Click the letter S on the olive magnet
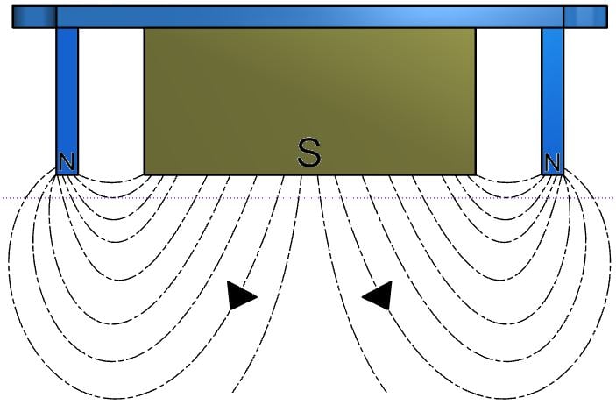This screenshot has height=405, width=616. pyautogui.click(x=309, y=153)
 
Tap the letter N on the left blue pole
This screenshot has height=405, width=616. pyautogui.click(x=67, y=161)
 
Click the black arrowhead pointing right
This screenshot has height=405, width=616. pyautogui.click(x=241, y=295)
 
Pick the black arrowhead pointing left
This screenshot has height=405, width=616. pyautogui.click(x=378, y=295)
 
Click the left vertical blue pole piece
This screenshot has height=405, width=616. pyautogui.click(x=67, y=101)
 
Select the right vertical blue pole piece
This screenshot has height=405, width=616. pyautogui.click(x=552, y=101)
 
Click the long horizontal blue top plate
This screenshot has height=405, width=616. pyautogui.click(x=309, y=17)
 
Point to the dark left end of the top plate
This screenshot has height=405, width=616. pyautogui.click(x=34, y=17)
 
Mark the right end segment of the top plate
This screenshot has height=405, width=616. pyautogui.click(x=585, y=17)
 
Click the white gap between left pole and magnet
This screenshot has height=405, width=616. pyautogui.click(x=111, y=101)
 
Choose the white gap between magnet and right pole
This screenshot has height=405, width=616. pyautogui.click(x=509, y=101)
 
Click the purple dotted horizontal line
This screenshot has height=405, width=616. pyautogui.click(x=308, y=198)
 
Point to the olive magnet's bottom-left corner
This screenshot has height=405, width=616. pyautogui.click(x=145, y=174)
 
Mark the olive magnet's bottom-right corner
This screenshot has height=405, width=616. pyautogui.click(x=476, y=174)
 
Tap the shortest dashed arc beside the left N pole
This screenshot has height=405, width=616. pyautogui.click(x=111, y=182)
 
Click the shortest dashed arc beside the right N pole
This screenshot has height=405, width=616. pyautogui.click(x=508, y=182)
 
